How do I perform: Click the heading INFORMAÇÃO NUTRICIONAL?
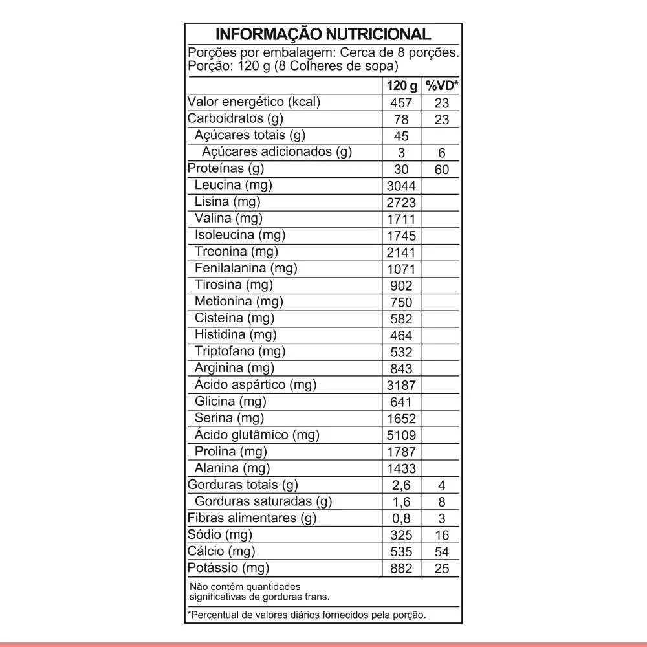click(323, 34)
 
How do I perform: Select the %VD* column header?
click(441, 86)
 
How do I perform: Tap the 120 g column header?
click(402, 86)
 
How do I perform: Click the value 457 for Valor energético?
click(401, 104)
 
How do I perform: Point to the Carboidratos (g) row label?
click(235, 119)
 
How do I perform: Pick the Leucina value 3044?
click(401, 186)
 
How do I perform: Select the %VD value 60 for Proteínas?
click(442, 170)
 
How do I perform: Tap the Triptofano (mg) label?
click(239, 352)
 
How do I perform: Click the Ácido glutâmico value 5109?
click(401, 435)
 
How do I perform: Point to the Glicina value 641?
click(401, 402)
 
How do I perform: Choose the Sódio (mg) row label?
click(219, 535)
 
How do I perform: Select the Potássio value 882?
click(401, 569)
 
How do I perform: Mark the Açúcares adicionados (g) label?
click(277, 153)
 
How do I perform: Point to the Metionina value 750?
click(401, 302)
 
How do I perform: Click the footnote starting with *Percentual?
click(307, 615)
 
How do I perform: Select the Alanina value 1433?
click(401, 469)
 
